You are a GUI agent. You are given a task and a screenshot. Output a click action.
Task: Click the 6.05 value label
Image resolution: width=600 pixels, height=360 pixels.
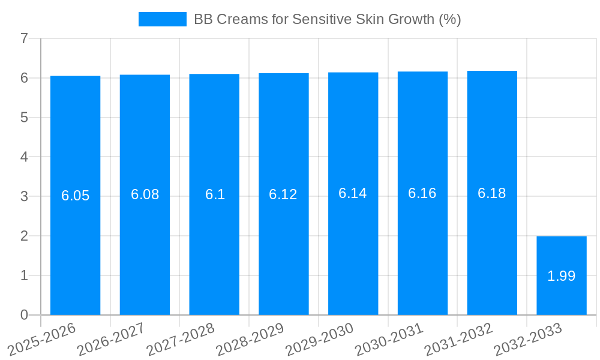(x=75, y=196)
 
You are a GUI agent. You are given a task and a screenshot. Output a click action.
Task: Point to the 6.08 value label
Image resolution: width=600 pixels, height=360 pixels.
(x=145, y=194)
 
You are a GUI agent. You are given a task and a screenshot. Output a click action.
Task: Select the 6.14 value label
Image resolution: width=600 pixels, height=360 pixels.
(x=353, y=193)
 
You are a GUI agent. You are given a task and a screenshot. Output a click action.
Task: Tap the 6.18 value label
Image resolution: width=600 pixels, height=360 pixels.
(x=491, y=193)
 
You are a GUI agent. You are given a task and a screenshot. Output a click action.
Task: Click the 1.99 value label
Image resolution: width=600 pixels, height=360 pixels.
(x=561, y=276)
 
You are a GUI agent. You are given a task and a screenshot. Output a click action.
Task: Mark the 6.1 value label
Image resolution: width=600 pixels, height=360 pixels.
(x=214, y=194)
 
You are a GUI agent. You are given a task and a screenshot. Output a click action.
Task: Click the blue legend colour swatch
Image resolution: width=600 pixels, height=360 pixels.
(x=162, y=19)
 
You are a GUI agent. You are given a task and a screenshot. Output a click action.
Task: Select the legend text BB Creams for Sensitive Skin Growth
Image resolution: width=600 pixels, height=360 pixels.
(x=327, y=19)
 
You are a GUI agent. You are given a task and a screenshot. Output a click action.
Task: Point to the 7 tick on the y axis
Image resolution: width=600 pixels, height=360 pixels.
(x=24, y=38)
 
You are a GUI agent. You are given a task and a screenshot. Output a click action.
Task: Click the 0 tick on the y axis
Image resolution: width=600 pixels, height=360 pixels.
(x=24, y=315)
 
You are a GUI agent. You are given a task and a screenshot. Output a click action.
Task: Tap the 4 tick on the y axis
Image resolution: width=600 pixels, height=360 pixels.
(x=24, y=157)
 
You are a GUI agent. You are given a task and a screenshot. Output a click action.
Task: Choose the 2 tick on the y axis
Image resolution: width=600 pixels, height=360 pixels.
(x=24, y=236)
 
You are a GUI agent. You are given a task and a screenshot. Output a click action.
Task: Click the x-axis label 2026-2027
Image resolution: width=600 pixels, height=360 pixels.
(x=111, y=339)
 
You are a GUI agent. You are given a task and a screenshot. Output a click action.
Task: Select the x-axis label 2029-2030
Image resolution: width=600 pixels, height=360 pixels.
(x=319, y=339)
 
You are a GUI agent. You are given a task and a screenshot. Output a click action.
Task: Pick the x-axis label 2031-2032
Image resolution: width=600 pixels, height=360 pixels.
(x=458, y=339)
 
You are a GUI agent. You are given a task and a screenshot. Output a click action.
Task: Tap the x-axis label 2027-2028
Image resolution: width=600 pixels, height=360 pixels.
(x=181, y=339)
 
